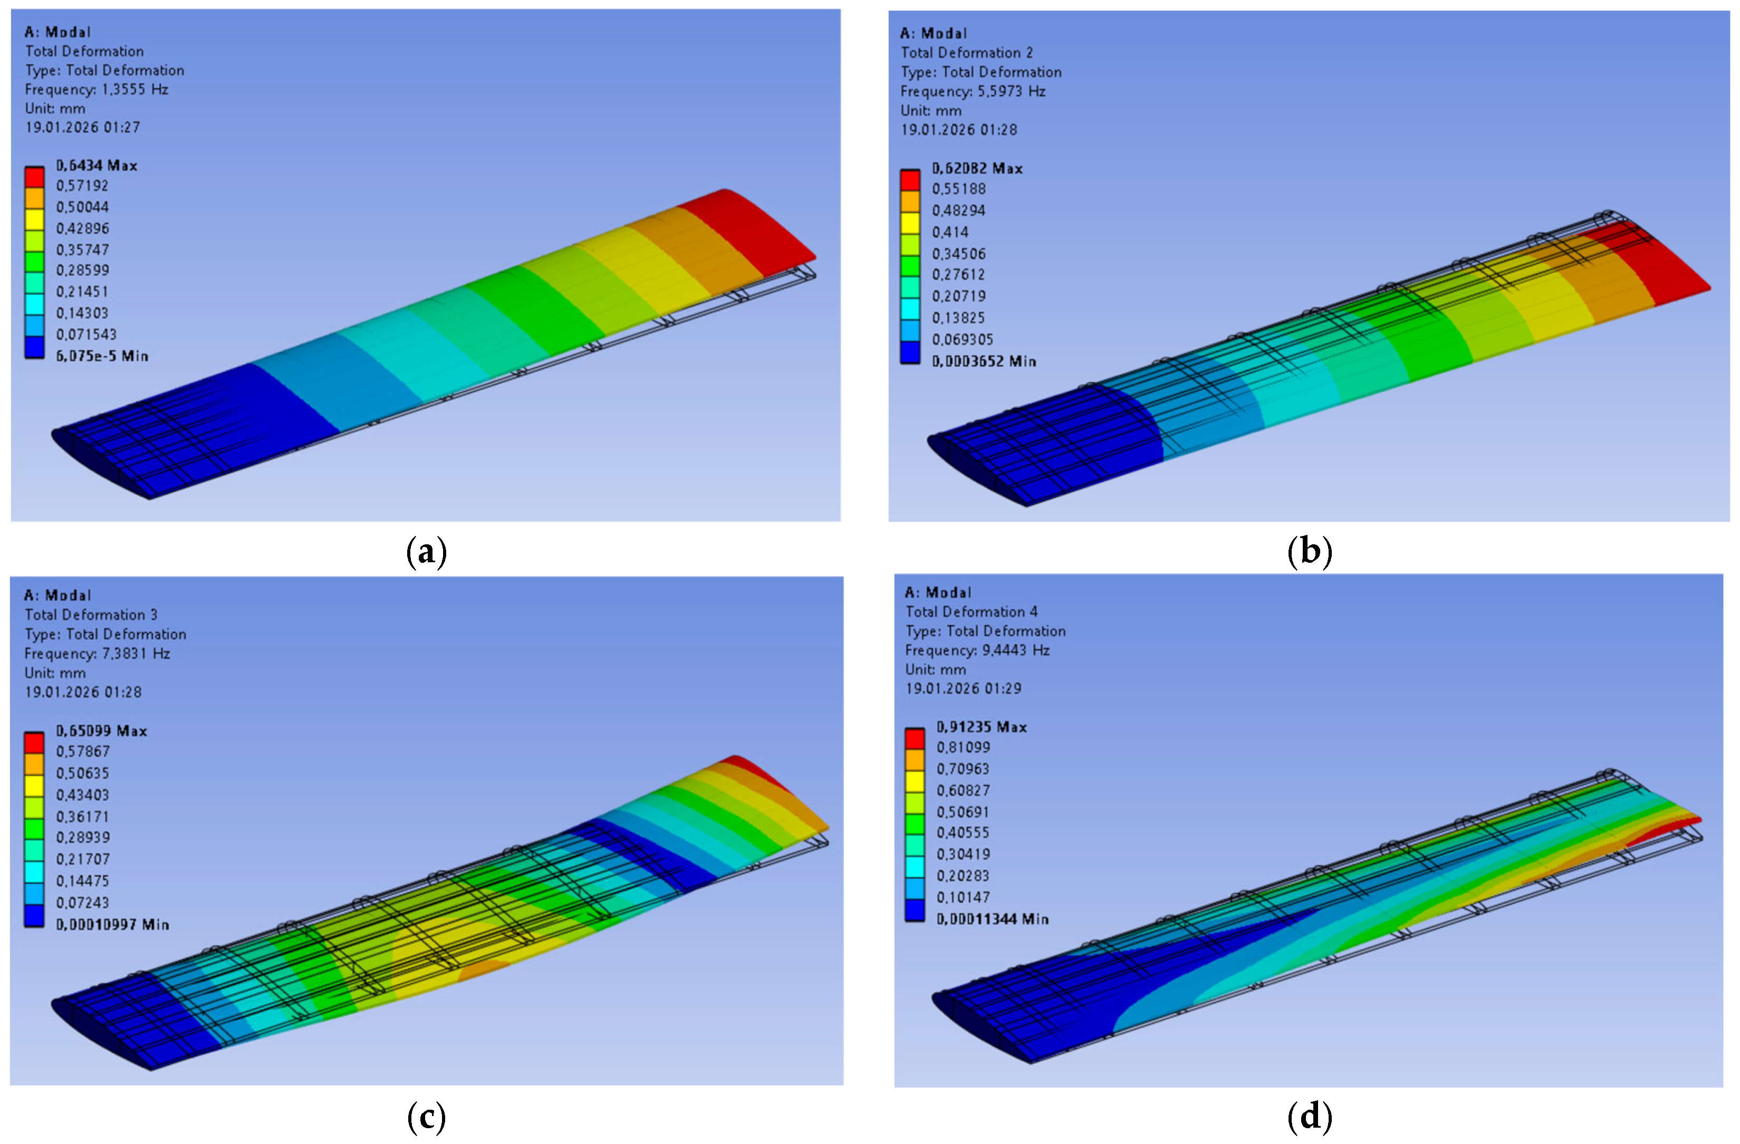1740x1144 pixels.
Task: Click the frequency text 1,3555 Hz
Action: click(x=134, y=89)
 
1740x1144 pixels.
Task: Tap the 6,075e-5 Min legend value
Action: click(x=102, y=356)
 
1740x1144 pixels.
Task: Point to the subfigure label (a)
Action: click(x=426, y=551)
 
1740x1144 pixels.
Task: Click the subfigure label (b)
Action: click(x=1310, y=551)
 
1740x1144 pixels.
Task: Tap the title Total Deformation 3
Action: click(x=91, y=615)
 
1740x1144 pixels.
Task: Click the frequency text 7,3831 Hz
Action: click(x=136, y=653)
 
